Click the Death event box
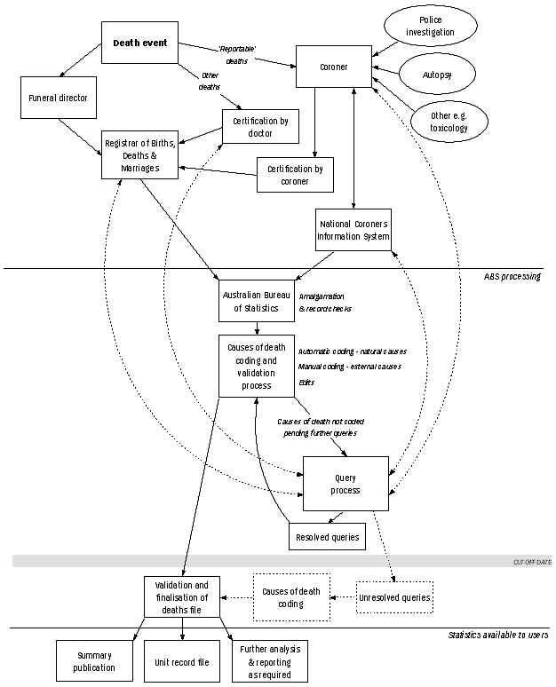click(139, 42)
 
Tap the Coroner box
click(333, 66)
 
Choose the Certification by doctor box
click(258, 126)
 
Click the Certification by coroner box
click(295, 175)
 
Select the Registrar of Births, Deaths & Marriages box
click(139, 154)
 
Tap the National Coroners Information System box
click(353, 230)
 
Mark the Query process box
click(346, 484)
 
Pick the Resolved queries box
click(327, 536)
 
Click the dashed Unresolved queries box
click(394, 597)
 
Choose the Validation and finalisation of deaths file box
click(182, 597)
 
